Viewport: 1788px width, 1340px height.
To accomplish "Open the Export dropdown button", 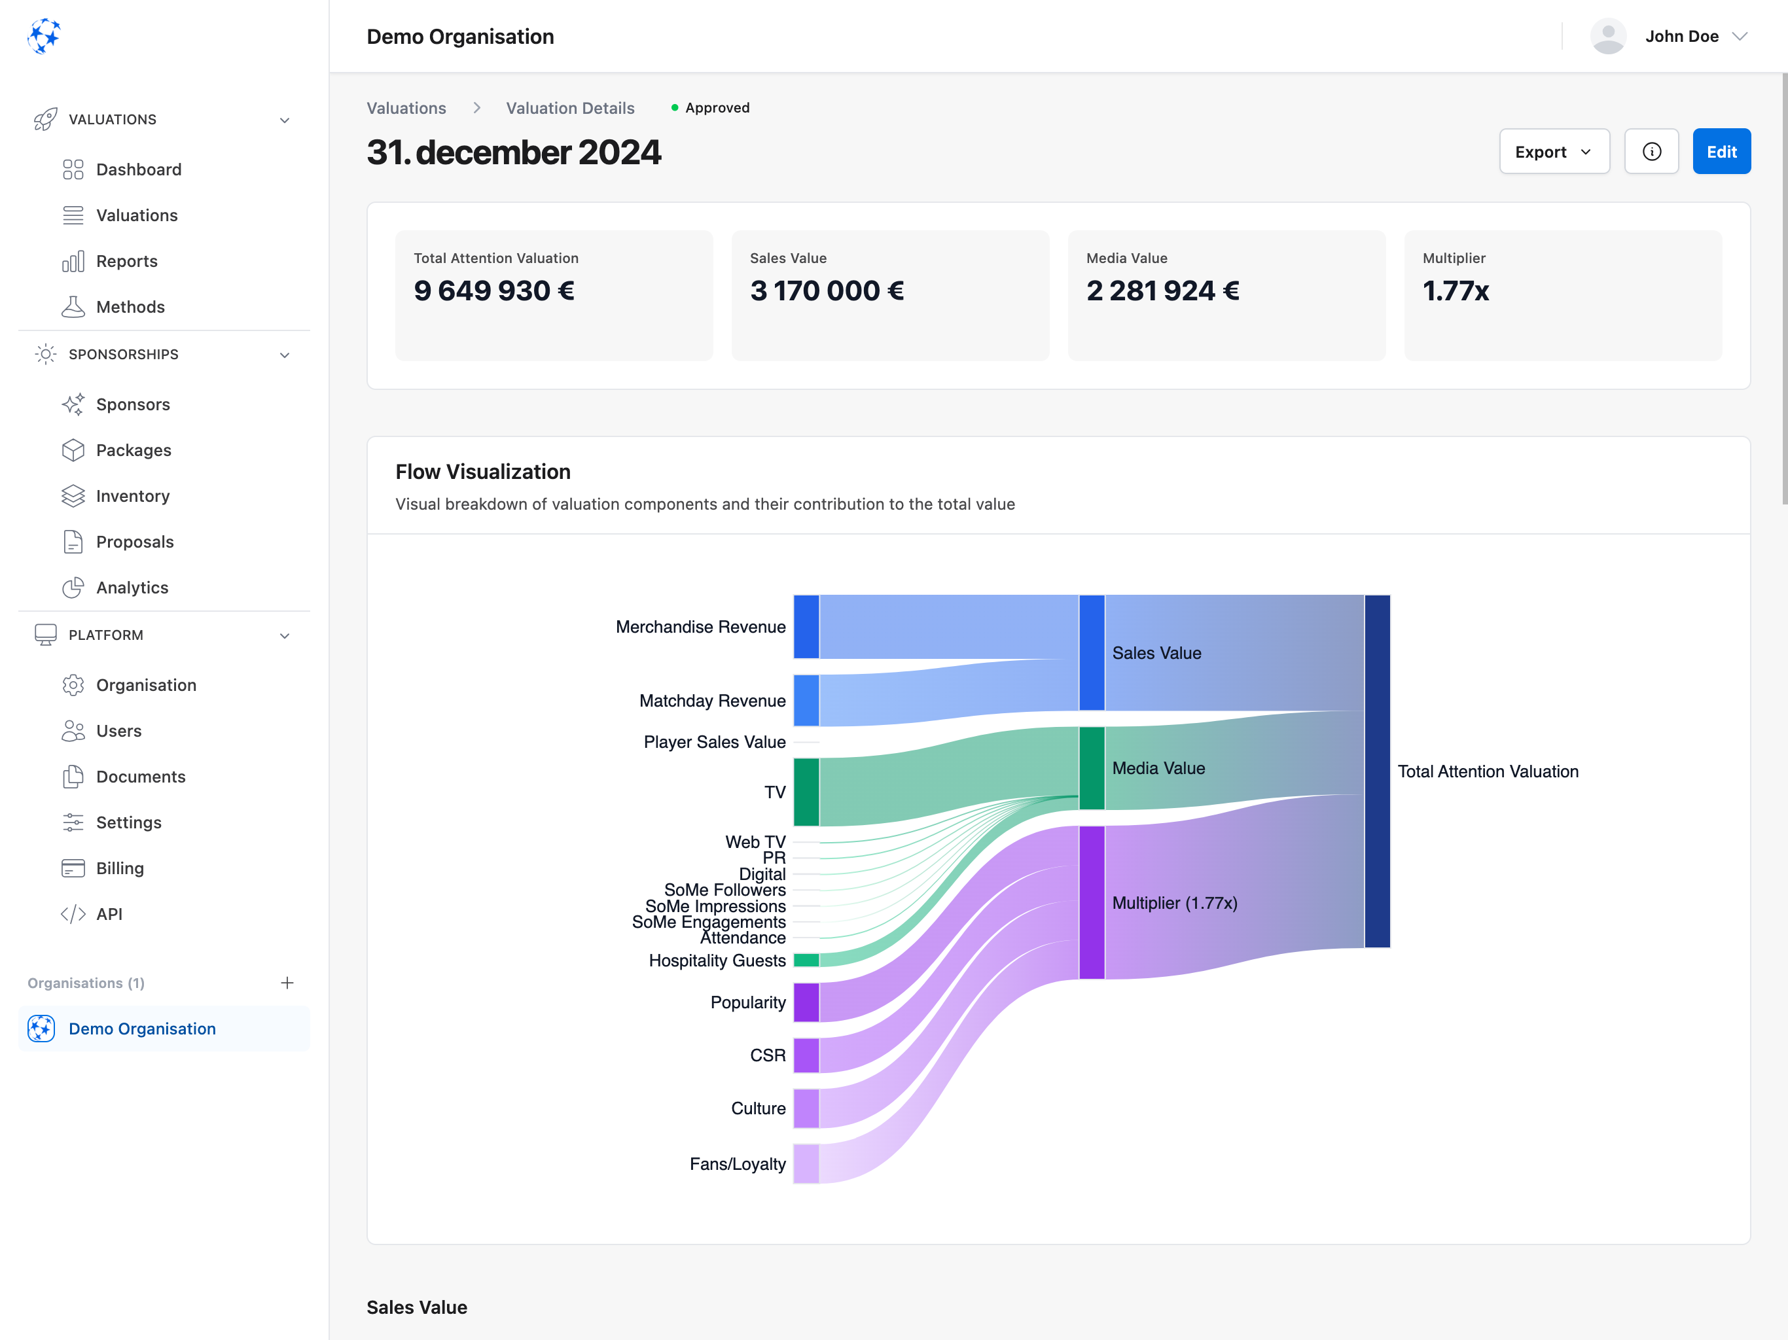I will coord(1553,151).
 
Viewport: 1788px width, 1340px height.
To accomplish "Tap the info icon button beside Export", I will coord(1651,151).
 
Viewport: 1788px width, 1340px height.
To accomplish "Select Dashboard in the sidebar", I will coord(138,169).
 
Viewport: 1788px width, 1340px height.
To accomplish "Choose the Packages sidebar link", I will coord(134,450).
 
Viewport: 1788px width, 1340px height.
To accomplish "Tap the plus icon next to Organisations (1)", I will coord(287,982).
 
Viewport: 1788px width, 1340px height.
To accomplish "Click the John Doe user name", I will coord(1681,37).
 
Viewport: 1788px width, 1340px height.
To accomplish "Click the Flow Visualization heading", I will coord(482,471).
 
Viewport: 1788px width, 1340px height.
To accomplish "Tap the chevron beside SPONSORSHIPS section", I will coord(285,355).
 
